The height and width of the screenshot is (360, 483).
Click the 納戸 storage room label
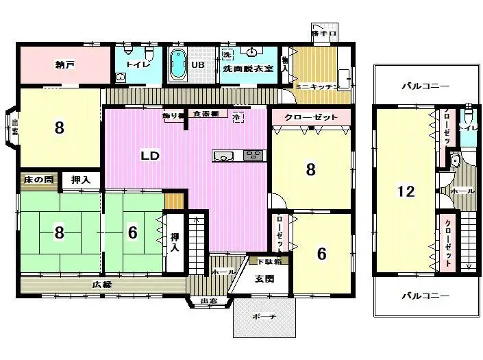click(64, 66)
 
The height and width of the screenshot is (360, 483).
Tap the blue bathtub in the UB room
click(177, 65)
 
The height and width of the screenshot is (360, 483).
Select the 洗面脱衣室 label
click(248, 69)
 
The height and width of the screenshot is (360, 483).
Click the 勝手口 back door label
click(323, 33)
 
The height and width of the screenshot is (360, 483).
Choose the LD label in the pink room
click(150, 156)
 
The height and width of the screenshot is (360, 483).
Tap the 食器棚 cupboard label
click(205, 113)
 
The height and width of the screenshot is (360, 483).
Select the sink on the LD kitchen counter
click(224, 156)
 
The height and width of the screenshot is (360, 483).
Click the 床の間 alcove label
click(38, 180)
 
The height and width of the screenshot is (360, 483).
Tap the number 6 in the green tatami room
click(132, 232)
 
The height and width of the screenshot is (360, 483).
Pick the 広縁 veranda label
click(102, 284)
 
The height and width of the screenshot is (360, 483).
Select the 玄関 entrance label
click(264, 278)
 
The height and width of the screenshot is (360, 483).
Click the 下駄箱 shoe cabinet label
click(268, 261)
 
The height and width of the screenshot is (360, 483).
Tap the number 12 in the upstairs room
click(406, 191)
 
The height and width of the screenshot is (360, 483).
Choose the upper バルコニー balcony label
click(425, 86)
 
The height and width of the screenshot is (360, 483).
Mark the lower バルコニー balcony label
click(425, 296)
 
